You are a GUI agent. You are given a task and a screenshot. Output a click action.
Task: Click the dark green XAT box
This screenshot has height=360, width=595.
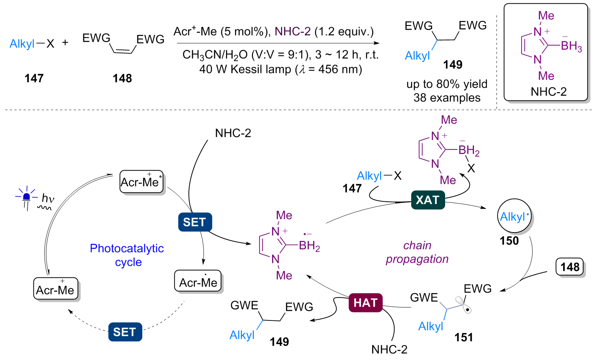point(428,200)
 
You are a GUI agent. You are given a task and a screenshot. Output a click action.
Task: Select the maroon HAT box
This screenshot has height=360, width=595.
point(365,303)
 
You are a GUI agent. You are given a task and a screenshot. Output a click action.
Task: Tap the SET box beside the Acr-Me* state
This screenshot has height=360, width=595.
point(195,222)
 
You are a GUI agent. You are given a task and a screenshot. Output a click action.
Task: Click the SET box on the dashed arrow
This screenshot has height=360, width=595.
point(125,332)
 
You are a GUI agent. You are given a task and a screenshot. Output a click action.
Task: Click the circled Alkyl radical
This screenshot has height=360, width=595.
point(514,217)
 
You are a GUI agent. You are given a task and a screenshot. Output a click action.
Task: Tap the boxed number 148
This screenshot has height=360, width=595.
point(570,267)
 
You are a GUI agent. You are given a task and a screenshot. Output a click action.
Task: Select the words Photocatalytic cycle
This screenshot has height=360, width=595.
point(127,255)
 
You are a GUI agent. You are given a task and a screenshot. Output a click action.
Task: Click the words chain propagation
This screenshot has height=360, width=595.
point(417,252)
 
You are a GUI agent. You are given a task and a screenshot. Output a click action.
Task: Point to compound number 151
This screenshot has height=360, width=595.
point(464,337)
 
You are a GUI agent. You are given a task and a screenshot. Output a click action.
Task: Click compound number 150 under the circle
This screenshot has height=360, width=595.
point(509,241)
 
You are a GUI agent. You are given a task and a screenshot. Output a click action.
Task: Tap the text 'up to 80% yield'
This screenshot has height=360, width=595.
point(447,84)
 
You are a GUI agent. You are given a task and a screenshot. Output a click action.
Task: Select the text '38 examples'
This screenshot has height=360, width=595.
point(447,98)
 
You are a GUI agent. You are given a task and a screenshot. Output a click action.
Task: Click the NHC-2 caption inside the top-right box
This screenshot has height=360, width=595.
point(549,92)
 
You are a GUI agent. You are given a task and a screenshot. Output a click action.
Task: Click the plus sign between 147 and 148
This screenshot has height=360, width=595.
point(65,42)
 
